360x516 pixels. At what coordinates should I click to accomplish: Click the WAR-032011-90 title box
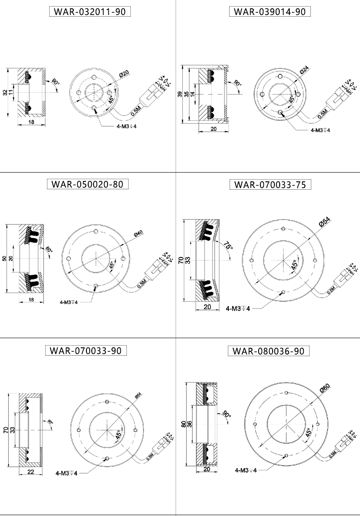click(x=90, y=12)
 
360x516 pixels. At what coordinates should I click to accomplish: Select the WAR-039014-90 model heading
click(x=270, y=12)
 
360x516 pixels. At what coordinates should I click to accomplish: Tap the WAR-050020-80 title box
click(x=87, y=184)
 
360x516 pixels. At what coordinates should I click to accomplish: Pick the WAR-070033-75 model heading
click(x=270, y=184)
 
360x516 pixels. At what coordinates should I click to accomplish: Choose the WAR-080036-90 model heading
click(x=269, y=351)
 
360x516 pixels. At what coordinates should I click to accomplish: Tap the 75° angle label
click(x=227, y=245)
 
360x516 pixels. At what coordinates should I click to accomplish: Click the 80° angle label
click(x=48, y=252)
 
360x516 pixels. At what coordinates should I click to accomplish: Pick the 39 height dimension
click(x=180, y=94)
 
